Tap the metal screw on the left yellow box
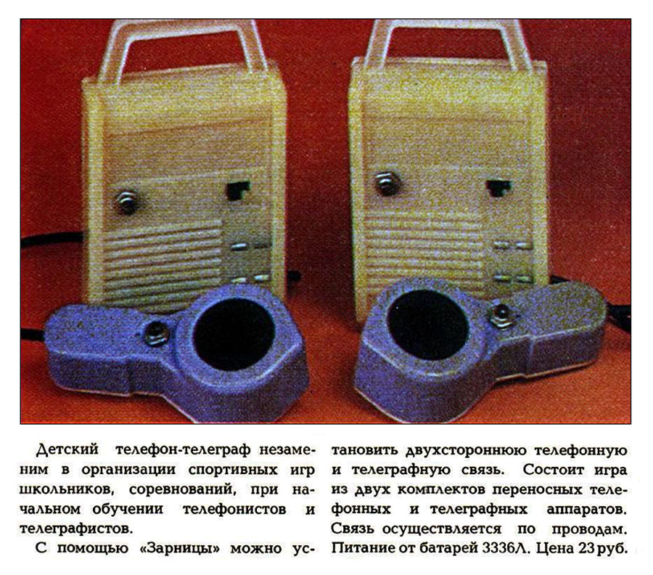[127, 202]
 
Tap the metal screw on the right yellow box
[387, 182]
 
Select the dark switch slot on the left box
[237, 190]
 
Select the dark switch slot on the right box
[498, 187]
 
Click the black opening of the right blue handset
[427, 325]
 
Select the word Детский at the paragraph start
[67, 450]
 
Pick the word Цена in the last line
[555, 549]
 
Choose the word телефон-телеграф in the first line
[183, 450]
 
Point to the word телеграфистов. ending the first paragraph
[77, 529]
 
